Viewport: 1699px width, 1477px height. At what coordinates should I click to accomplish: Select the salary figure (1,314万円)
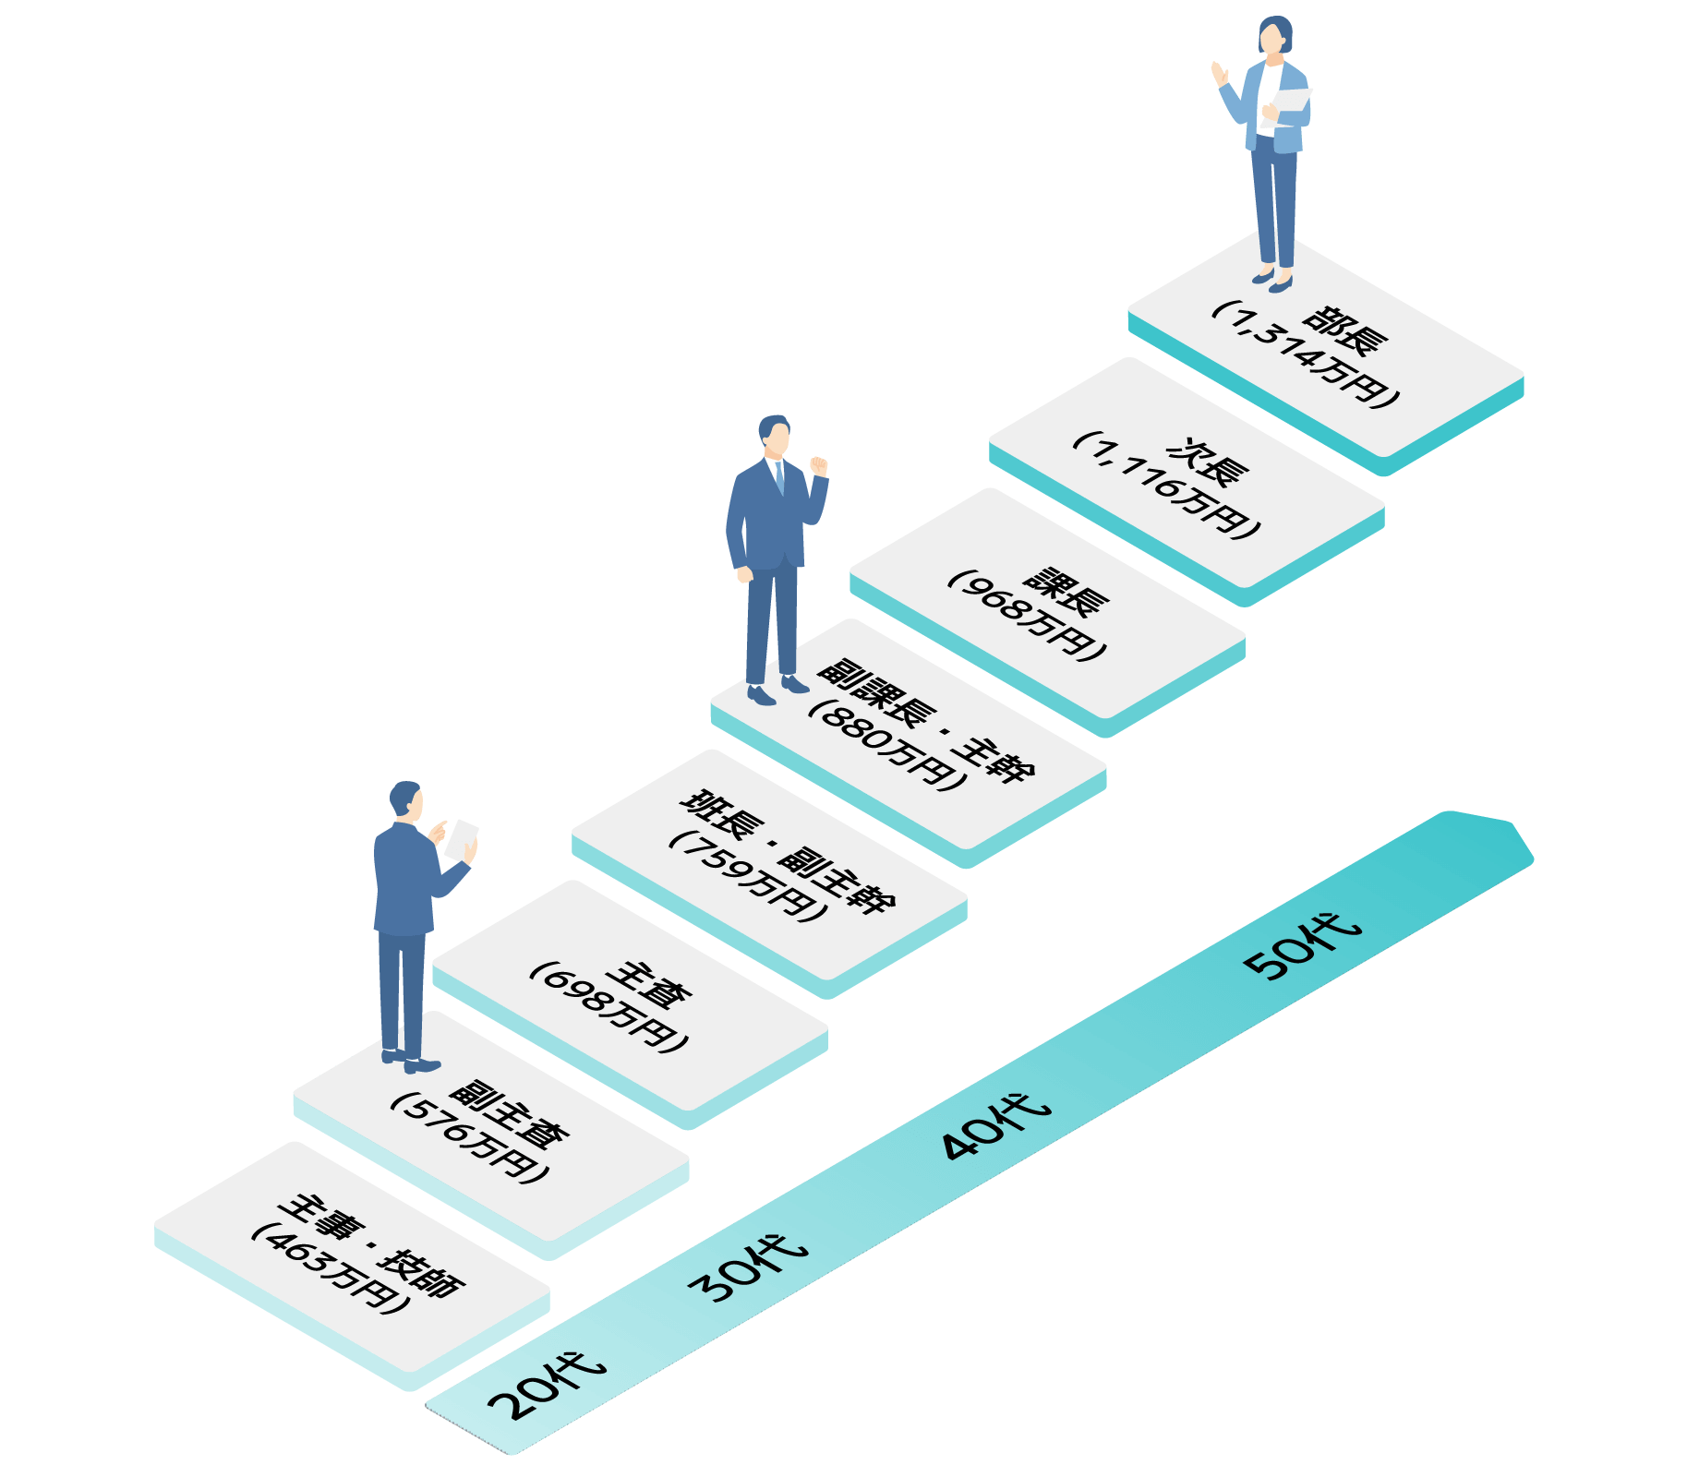tap(1307, 355)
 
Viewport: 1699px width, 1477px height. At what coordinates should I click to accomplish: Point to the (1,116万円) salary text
tap(1167, 486)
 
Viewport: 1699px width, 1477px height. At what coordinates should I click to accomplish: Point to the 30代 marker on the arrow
tap(749, 1268)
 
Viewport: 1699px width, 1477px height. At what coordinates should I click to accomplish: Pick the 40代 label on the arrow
tap(995, 1126)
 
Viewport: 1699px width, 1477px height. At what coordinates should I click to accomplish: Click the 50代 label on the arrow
tap(1303, 945)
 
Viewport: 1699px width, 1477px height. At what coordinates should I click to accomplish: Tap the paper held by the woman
tap(1293, 106)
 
